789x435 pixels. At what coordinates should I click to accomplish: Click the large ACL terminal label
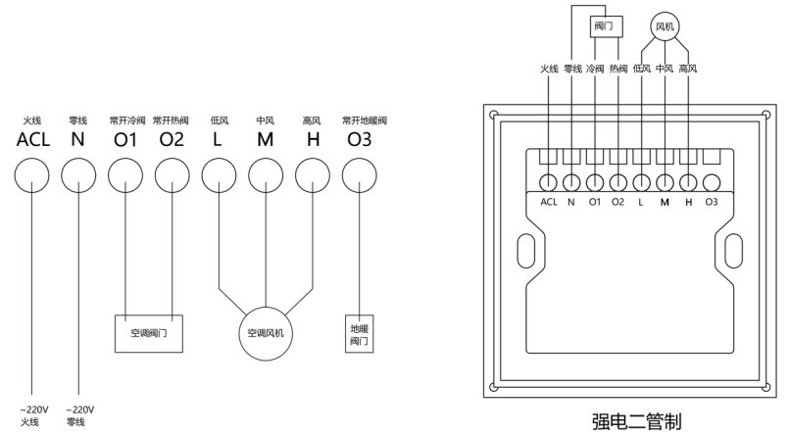pos(33,139)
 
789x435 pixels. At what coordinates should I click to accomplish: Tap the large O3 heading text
pos(360,139)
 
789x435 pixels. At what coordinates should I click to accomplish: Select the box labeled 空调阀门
pos(149,333)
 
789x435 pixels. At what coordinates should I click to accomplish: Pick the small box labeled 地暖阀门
pos(360,334)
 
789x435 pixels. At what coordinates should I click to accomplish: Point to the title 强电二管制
pos(636,421)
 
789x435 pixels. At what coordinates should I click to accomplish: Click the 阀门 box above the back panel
pos(606,26)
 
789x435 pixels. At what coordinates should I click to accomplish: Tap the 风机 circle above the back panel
pos(666,26)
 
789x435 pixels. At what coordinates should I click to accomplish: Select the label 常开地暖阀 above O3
pos(365,121)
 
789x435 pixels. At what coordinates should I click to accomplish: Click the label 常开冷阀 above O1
pos(127,121)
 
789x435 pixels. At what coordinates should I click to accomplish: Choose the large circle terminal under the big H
pos(313,175)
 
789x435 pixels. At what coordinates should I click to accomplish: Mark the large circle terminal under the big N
pos(78,175)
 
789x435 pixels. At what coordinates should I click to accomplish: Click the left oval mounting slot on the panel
pos(526,251)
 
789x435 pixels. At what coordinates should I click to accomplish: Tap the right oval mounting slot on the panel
pos(734,251)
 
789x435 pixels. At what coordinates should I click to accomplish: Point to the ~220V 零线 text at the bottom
pos(79,415)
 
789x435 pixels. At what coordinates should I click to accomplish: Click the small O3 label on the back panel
pos(712,202)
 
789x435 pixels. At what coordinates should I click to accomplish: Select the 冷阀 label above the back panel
pos(595,69)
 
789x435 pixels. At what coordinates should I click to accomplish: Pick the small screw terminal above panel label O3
pos(712,182)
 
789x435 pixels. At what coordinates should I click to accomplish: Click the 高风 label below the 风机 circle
pos(688,69)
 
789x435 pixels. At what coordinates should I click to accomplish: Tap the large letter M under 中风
pos(266,139)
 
